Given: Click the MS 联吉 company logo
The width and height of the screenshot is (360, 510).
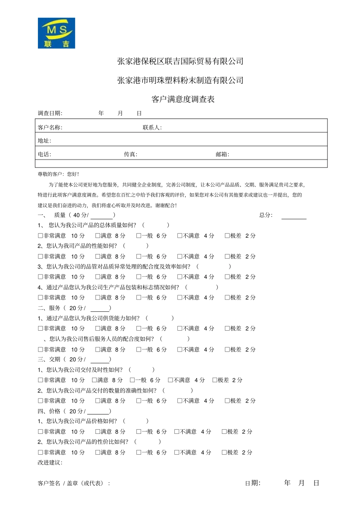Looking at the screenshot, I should click(56, 33).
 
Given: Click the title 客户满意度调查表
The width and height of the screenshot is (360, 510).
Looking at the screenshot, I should click(183, 99).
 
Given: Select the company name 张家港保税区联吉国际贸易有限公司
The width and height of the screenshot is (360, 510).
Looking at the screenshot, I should click(180, 61).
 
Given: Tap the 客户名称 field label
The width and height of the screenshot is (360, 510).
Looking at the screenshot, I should click(50, 127).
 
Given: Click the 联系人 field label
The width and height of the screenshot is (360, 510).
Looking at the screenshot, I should click(152, 127).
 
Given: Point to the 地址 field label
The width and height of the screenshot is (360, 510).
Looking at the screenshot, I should click(44, 141).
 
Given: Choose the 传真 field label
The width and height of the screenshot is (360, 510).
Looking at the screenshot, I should click(130, 154).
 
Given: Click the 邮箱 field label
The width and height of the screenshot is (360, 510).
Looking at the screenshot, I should click(222, 154).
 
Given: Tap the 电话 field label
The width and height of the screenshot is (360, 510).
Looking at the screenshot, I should click(44, 154).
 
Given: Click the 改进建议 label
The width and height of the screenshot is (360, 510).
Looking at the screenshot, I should click(50, 462).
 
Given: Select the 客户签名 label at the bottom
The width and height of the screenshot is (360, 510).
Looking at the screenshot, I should click(49, 483).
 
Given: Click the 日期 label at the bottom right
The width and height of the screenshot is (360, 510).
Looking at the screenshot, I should click(252, 483).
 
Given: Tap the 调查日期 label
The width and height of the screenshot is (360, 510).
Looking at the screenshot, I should click(50, 113).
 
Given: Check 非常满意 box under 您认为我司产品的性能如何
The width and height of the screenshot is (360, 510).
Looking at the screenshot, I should click(41, 257).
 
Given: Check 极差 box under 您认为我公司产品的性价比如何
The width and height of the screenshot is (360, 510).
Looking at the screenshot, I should click(224, 452).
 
